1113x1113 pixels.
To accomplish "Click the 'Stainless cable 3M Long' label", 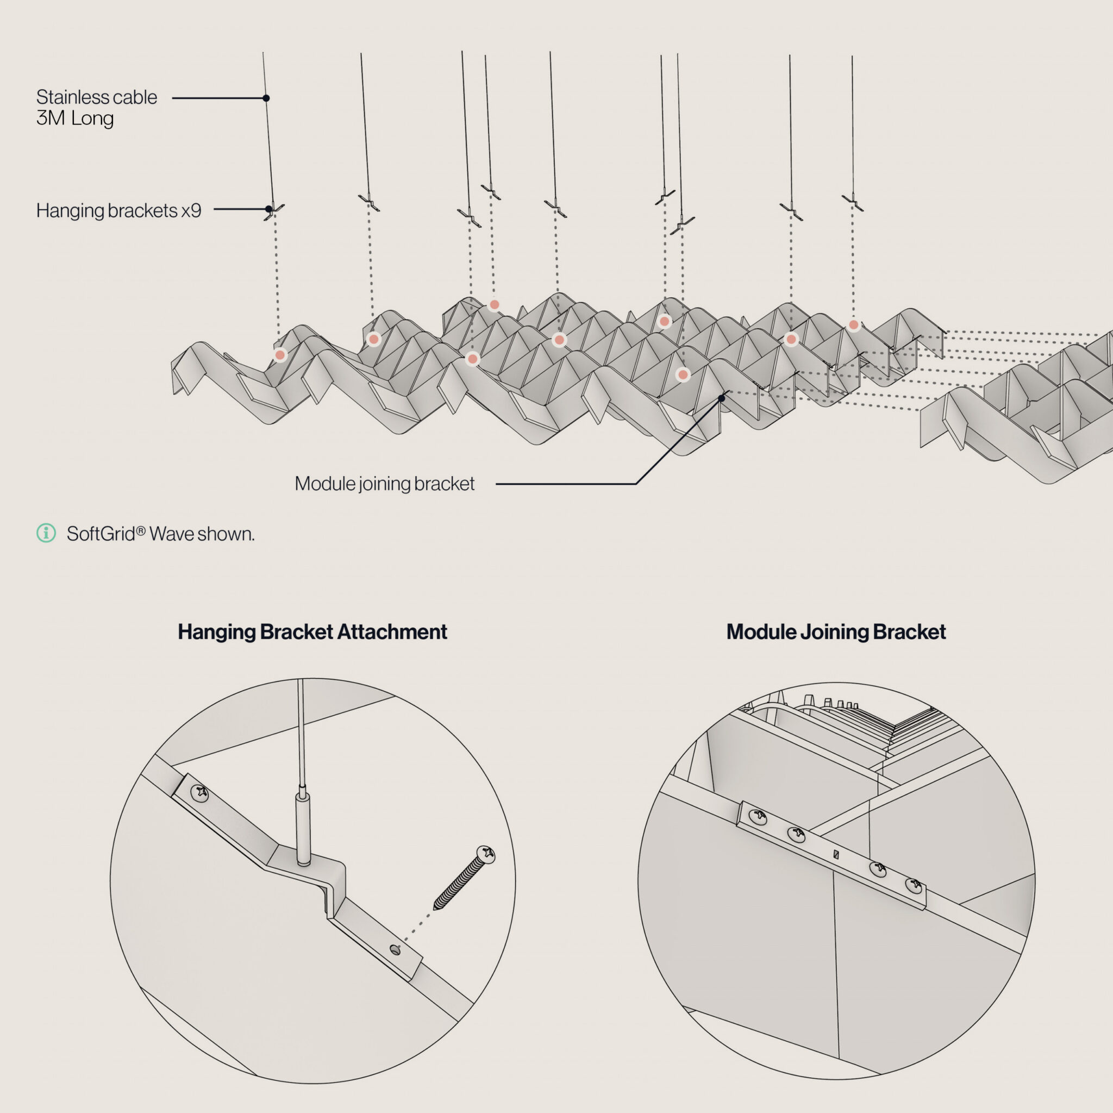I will (96, 107).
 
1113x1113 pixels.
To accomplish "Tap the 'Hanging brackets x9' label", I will (118, 210).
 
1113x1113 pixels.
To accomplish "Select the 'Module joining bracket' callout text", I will (384, 483).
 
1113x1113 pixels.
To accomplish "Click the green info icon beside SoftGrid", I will (46, 533).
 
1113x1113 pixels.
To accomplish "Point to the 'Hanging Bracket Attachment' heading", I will (312, 631).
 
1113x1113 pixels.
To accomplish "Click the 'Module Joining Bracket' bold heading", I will (836, 631).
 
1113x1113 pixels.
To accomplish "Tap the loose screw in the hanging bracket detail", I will (464, 877).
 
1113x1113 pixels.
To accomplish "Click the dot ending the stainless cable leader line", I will (266, 98).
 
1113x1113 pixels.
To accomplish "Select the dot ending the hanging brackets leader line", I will (268, 209).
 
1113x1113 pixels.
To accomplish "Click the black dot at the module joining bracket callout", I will (721, 398).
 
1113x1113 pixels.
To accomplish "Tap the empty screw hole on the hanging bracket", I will (395, 949).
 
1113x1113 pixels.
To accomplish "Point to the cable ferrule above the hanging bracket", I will (303, 827).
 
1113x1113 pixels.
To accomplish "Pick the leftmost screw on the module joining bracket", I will (758, 815).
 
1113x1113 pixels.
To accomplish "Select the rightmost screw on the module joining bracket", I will (913, 884).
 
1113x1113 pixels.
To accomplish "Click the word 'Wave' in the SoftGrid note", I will (171, 534).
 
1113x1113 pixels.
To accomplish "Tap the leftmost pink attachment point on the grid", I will (280, 355).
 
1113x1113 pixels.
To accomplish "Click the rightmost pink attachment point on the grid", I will (854, 325).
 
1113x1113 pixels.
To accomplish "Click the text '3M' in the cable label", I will (51, 118).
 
